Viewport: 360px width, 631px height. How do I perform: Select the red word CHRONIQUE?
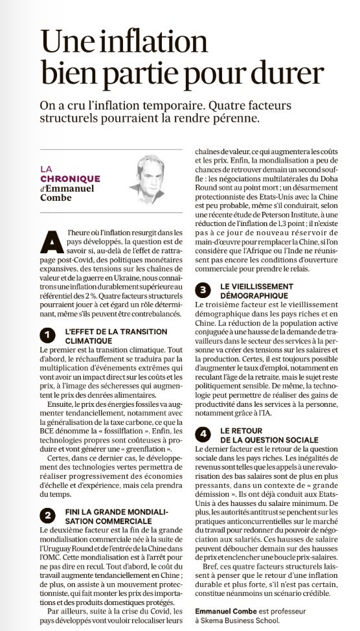coord(71,179)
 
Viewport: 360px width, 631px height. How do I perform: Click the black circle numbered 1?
coord(47,334)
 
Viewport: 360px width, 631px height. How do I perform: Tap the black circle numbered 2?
coord(47,516)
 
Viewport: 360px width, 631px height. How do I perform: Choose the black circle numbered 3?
coord(203,290)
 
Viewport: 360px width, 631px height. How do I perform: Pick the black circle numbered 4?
coord(203,433)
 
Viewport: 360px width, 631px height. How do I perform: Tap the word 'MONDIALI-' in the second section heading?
coord(143,511)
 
